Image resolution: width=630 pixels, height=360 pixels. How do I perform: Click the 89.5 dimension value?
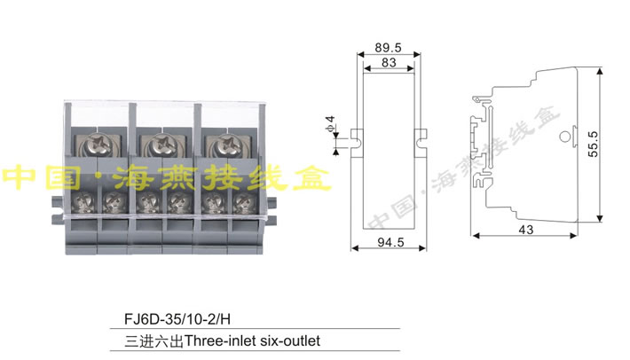pos(389,47)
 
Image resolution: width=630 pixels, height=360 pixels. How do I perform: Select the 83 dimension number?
pos(389,64)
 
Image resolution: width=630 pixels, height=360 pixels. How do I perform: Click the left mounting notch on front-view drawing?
pos(357,137)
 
